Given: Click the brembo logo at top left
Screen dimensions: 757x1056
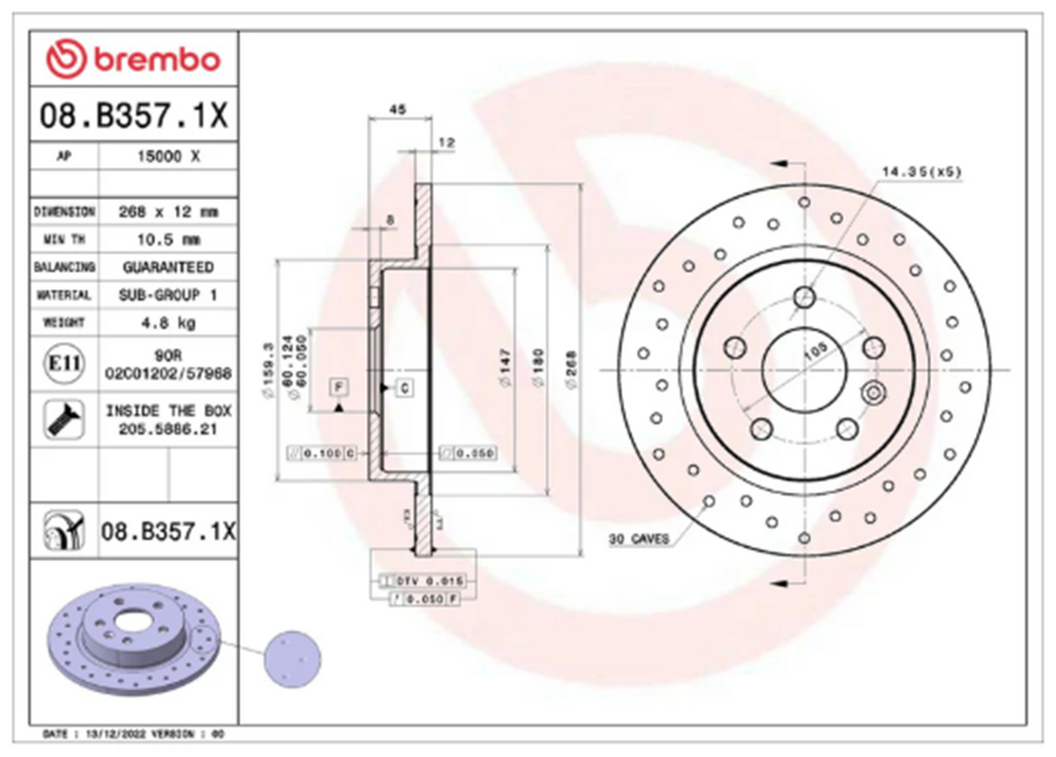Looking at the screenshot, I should pyautogui.click(x=134, y=59).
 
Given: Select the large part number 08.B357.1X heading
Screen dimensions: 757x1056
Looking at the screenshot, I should pyautogui.click(x=134, y=115).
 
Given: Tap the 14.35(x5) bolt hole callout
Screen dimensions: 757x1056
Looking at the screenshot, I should pyautogui.click(x=921, y=172).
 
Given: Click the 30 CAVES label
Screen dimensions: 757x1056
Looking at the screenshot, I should pyautogui.click(x=639, y=539).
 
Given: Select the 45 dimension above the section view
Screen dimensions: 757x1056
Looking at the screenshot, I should pyautogui.click(x=397, y=111).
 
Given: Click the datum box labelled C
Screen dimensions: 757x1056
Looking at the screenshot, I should pyautogui.click(x=405, y=388).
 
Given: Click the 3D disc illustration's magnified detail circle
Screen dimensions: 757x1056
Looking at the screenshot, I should pyautogui.click(x=291, y=659).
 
